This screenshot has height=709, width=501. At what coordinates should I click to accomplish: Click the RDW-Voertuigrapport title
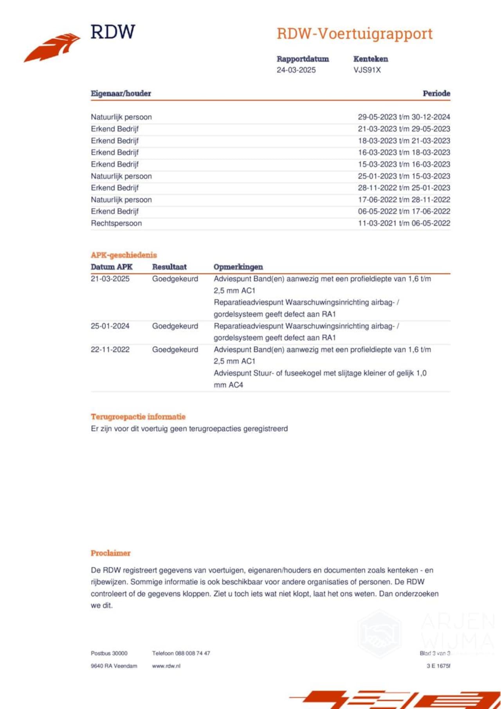pyautogui.click(x=355, y=34)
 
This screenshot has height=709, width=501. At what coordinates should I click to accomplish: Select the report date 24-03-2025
pyautogui.click(x=296, y=70)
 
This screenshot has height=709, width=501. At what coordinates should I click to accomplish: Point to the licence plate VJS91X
pyautogui.click(x=367, y=70)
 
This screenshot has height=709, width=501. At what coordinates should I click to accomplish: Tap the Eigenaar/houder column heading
pyautogui.click(x=121, y=94)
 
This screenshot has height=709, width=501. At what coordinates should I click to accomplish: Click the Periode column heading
pyautogui.click(x=436, y=94)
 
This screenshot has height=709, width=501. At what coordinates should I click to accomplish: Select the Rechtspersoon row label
pyautogui.click(x=116, y=223)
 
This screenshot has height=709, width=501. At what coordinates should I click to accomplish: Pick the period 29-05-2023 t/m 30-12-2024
pyautogui.click(x=404, y=117)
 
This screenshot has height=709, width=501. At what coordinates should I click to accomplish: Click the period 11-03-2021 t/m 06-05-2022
pyautogui.click(x=404, y=223)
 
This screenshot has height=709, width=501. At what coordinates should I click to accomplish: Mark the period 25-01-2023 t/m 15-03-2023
pyautogui.click(x=404, y=176)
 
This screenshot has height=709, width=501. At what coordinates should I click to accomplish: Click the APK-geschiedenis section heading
pyautogui.click(x=124, y=255)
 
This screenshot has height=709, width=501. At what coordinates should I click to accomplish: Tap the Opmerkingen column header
pyautogui.click(x=238, y=267)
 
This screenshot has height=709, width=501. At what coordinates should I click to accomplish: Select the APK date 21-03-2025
pyautogui.click(x=110, y=279)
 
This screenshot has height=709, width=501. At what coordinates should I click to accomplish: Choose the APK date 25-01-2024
pyautogui.click(x=110, y=326)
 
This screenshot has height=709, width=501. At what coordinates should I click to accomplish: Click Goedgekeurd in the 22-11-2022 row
pyautogui.click(x=175, y=350)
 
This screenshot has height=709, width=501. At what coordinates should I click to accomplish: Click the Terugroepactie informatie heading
pyautogui.click(x=138, y=417)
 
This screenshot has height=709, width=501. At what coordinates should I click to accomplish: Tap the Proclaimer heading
pyautogui.click(x=110, y=553)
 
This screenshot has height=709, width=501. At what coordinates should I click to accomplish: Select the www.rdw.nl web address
pyautogui.click(x=166, y=666)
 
